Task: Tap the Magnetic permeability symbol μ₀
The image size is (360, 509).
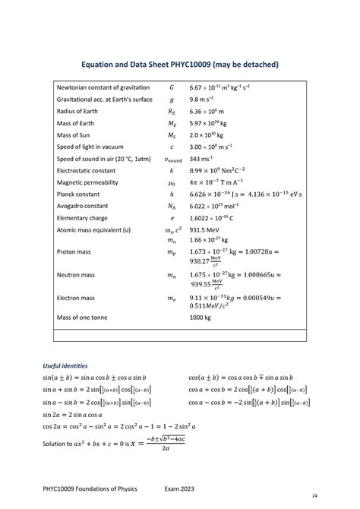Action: pos(171,183)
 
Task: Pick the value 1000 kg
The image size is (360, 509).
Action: pos(200,316)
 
